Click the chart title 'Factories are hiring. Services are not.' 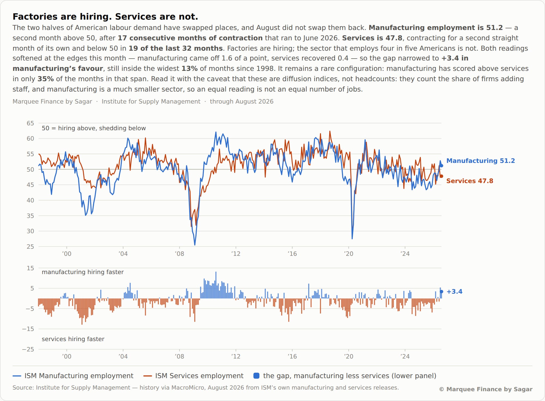tap(105, 17)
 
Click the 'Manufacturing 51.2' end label tap(480, 161)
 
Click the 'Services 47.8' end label tap(470, 181)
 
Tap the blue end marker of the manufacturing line tap(441, 166)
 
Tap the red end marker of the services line tap(441, 176)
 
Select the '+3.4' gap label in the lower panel tap(454, 291)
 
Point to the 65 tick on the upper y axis tap(30, 123)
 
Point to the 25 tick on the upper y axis tap(30, 247)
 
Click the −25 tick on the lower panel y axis tap(28, 349)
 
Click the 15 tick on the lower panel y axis tap(30, 268)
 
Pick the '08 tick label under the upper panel tap(179, 254)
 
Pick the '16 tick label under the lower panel tap(292, 356)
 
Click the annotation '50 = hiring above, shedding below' tap(94, 128)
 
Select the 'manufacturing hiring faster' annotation tap(83, 272)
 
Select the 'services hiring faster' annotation tap(73, 339)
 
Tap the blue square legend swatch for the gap tap(256, 376)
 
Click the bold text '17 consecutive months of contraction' tap(190, 38)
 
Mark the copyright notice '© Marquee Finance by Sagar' tap(486, 389)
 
